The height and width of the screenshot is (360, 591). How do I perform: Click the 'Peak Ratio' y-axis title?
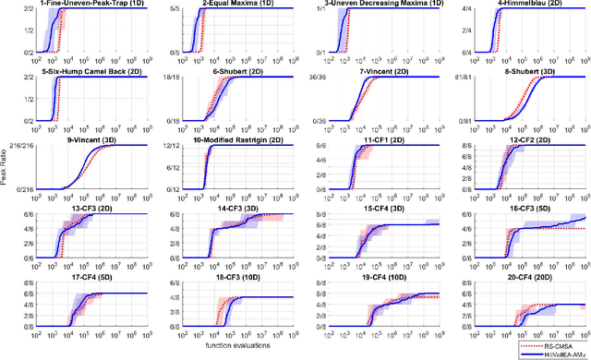(x=6, y=179)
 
